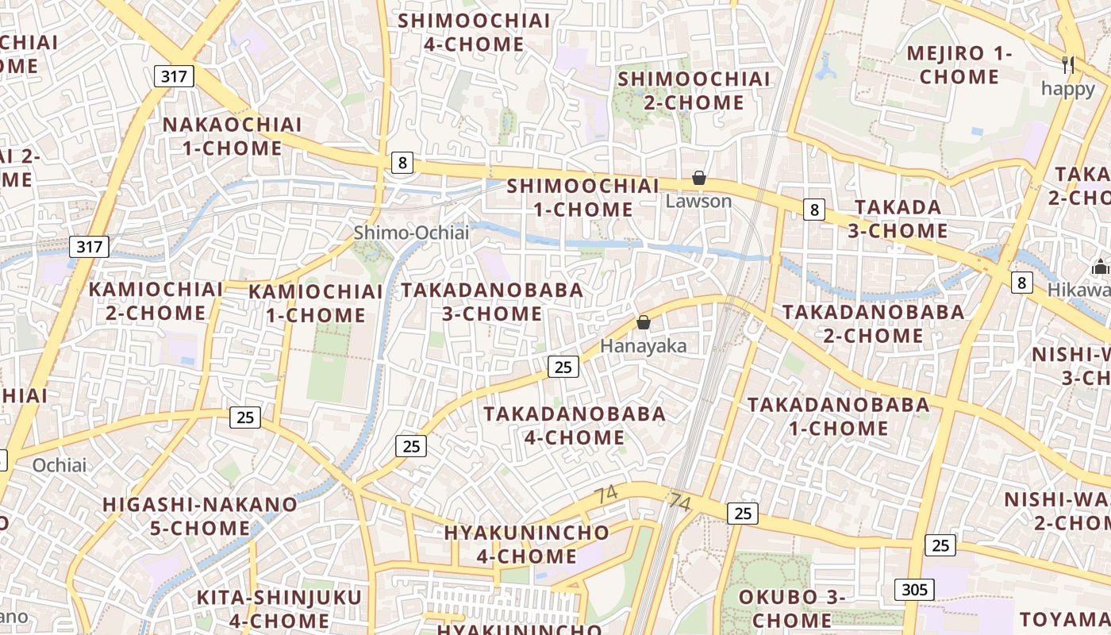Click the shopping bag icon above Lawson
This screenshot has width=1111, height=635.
click(x=699, y=178)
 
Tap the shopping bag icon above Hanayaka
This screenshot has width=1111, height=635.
click(x=644, y=322)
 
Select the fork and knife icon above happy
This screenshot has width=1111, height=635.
click(x=1068, y=65)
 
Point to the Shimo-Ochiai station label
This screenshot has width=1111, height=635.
click(x=411, y=233)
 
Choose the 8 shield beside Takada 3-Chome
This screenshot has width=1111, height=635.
click(x=813, y=210)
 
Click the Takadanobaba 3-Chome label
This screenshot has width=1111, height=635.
click(x=492, y=302)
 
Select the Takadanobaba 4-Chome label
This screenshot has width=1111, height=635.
click(x=575, y=425)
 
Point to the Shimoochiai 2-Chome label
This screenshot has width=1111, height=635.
click(x=694, y=90)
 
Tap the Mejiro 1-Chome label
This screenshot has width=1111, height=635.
click(x=959, y=65)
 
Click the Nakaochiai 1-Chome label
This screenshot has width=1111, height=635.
click(x=232, y=137)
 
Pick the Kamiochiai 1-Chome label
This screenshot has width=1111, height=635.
click(x=315, y=303)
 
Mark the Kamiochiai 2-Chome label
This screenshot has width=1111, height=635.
click(x=156, y=301)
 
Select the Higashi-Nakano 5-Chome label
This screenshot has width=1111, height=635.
click(x=200, y=516)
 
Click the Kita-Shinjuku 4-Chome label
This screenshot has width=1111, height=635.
click(x=279, y=608)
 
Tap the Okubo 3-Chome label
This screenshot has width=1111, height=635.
click(x=791, y=608)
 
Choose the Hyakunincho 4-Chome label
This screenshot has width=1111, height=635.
click(x=527, y=544)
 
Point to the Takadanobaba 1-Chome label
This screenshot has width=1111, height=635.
click(x=838, y=416)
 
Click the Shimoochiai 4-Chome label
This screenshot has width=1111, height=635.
click(x=474, y=33)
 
